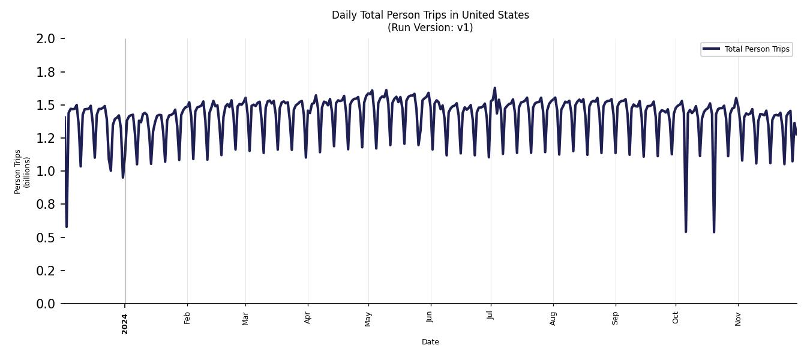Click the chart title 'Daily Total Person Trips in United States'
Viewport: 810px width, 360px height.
[x=430, y=15]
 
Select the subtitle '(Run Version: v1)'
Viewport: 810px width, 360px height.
[x=430, y=28]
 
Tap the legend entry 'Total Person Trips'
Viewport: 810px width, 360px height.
[x=757, y=49]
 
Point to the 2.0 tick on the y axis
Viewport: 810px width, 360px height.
[x=46, y=39]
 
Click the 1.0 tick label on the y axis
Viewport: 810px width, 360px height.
[x=46, y=172]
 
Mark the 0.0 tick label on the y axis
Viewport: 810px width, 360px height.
[x=46, y=304]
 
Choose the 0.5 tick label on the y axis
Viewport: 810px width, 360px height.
[x=46, y=238]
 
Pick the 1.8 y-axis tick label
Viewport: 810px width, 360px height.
[x=46, y=72]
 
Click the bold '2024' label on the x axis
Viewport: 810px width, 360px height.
[x=125, y=323]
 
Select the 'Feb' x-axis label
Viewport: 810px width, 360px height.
[x=187, y=318]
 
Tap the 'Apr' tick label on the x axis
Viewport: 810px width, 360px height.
[x=308, y=317]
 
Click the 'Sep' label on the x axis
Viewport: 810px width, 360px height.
[x=615, y=318]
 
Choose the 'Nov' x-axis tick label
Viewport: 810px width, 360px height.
[x=738, y=318]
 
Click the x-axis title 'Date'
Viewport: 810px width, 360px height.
[x=430, y=342]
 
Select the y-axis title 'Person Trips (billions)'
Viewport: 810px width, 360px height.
[x=22, y=172]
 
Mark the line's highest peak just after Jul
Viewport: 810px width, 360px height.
[x=494, y=88]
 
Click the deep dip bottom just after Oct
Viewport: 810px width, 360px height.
[x=686, y=231]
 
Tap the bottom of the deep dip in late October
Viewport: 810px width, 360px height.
[x=714, y=232]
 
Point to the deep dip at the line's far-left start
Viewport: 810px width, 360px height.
[x=67, y=226]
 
